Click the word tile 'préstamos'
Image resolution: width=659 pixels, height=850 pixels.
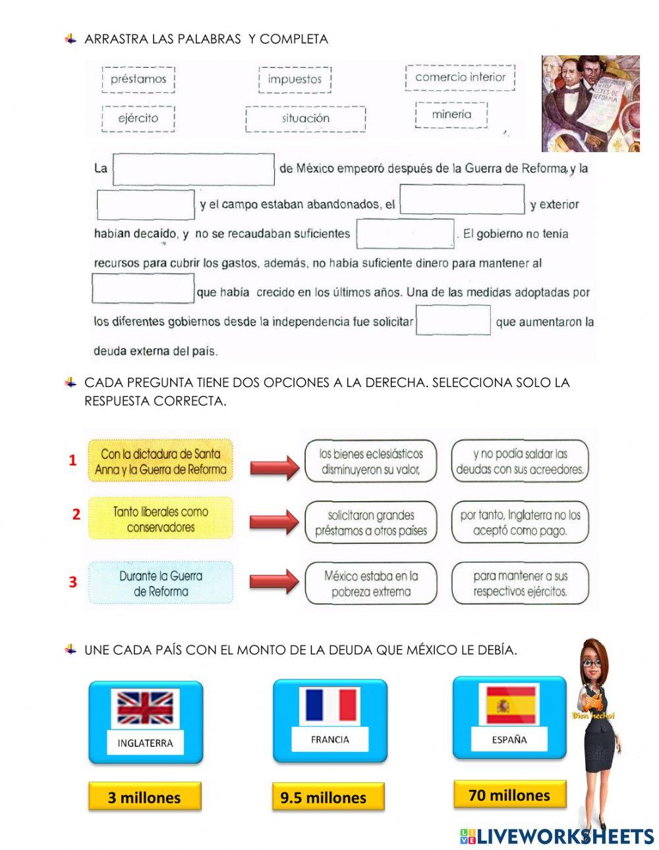[138, 80]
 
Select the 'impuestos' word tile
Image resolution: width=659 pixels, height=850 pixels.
[295, 80]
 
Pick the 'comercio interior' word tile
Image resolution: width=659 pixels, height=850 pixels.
[460, 77]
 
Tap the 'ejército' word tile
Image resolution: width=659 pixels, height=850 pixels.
[138, 119]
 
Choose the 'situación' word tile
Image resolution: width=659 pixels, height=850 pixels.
[305, 119]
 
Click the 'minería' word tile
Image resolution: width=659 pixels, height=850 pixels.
[451, 115]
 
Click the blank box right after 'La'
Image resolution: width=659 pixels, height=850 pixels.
[194, 169]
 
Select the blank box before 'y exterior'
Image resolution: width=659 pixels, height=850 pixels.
[462, 199]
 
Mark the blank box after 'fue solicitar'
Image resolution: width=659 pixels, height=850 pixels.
[453, 321]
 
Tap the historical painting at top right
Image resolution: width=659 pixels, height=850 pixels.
[590, 103]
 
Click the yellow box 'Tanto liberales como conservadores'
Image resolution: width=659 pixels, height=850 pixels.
[160, 519]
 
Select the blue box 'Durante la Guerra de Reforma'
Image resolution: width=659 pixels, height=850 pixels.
[161, 583]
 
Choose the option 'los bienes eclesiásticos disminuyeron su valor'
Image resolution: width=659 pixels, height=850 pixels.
[370, 461]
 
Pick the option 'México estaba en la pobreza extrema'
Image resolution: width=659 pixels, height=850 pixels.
[370, 583]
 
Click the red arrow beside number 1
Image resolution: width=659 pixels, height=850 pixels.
[274, 468]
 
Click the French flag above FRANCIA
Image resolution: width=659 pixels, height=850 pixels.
[330, 705]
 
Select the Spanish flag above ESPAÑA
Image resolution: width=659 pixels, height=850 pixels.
[509, 705]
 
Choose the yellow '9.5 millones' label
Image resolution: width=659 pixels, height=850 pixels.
[323, 797]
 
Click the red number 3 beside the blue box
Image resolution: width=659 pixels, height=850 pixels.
[73, 582]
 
